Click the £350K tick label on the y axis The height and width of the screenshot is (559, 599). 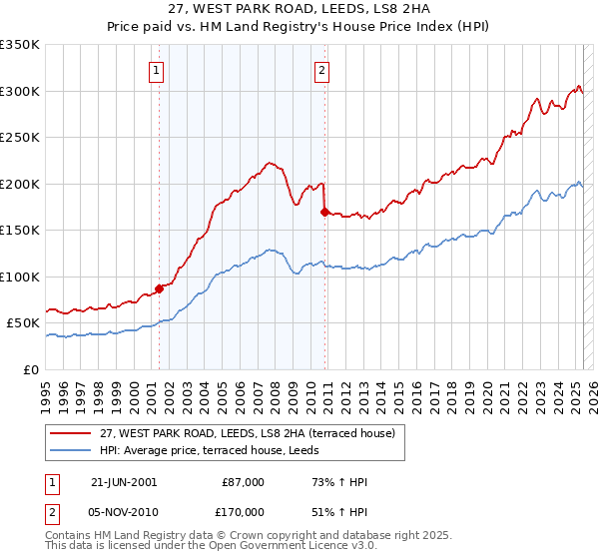click(x=20, y=45)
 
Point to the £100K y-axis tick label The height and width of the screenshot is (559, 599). click(x=20, y=277)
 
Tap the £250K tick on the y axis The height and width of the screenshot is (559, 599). click(x=20, y=138)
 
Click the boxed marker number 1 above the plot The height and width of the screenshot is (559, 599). click(x=158, y=70)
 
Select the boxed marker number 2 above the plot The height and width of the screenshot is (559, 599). click(x=322, y=70)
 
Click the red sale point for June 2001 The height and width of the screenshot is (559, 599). click(x=159, y=289)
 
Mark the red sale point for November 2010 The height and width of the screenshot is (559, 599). click(x=324, y=212)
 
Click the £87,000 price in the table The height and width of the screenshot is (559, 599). click(x=243, y=482)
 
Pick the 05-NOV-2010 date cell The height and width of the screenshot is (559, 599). click(x=124, y=510)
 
